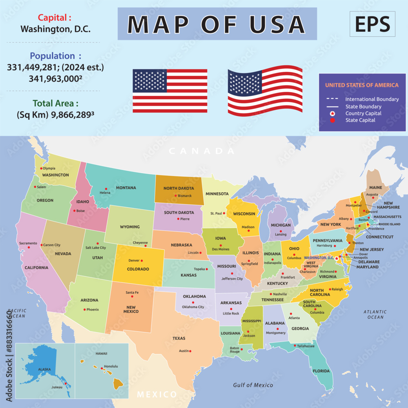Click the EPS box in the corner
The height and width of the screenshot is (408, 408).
click(x=372, y=24)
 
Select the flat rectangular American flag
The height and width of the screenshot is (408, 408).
click(x=170, y=91)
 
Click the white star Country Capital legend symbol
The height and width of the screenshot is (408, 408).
click(x=333, y=113)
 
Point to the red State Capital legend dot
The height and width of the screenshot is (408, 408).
click(x=333, y=120)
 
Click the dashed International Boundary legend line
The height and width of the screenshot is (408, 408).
click(x=333, y=99)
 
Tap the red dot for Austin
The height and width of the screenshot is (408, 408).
click(x=190, y=351)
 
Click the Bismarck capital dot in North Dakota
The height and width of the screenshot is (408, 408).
click(x=175, y=196)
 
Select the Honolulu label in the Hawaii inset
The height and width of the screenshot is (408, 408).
click(x=111, y=366)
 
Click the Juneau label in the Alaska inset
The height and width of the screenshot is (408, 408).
click(x=57, y=387)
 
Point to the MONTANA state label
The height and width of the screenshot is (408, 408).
click(x=126, y=188)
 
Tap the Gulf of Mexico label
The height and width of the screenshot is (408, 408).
click(x=253, y=385)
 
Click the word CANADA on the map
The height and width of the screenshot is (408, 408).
click(x=202, y=151)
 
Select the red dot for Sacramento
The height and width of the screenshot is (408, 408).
click(x=29, y=247)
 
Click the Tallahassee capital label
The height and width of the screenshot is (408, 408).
click(x=306, y=346)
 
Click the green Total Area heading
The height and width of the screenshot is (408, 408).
click(x=55, y=103)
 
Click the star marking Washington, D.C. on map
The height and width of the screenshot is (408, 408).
click(x=337, y=258)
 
